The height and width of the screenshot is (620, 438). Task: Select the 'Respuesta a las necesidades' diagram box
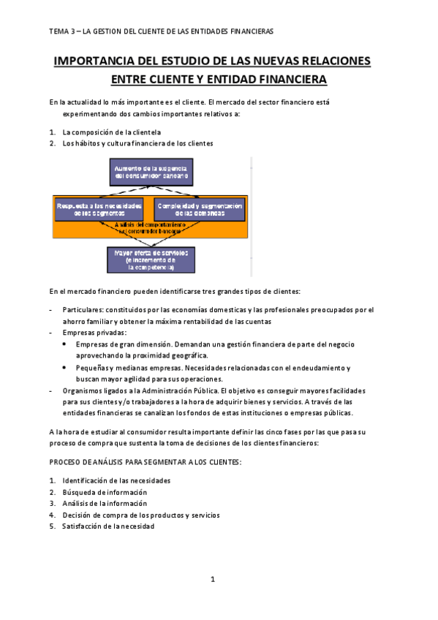click(x=101, y=209)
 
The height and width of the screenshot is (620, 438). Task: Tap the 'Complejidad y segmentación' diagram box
click(x=199, y=209)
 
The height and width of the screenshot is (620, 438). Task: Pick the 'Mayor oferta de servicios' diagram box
click(x=151, y=260)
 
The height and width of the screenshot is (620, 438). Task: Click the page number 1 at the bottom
click(x=212, y=580)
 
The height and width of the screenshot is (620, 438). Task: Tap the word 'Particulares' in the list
click(x=82, y=310)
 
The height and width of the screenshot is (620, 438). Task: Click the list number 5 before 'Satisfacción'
click(x=52, y=526)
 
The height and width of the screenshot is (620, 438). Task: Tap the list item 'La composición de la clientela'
click(x=111, y=132)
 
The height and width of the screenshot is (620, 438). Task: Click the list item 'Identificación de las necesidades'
click(x=116, y=481)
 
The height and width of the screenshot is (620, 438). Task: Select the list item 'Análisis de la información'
click(x=105, y=504)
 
